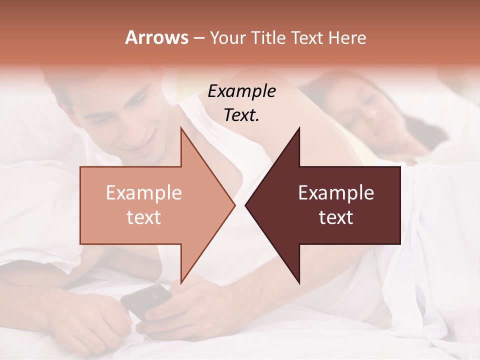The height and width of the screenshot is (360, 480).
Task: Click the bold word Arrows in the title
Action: [x=156, y=37]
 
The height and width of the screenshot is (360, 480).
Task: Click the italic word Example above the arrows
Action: [x=241, y=91]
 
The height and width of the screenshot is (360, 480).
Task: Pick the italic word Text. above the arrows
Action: [x=241, y=115]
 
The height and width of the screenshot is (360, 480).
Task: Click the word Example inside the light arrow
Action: [x=144, y=192]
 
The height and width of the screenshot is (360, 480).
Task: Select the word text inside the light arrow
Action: [x=144, y=217]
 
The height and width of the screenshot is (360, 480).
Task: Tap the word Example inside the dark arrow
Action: [x=336, y=192]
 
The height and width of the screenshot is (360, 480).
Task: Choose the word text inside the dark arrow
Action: [x=336, y=217]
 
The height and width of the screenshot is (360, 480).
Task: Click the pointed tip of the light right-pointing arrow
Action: [x=234, y=205]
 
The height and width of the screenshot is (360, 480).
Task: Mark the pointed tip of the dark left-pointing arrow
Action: [x=246, y=205]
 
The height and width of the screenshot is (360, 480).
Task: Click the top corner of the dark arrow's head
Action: [x=299, y=128]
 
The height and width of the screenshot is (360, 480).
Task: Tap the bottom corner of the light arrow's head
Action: [x=181, y=283]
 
